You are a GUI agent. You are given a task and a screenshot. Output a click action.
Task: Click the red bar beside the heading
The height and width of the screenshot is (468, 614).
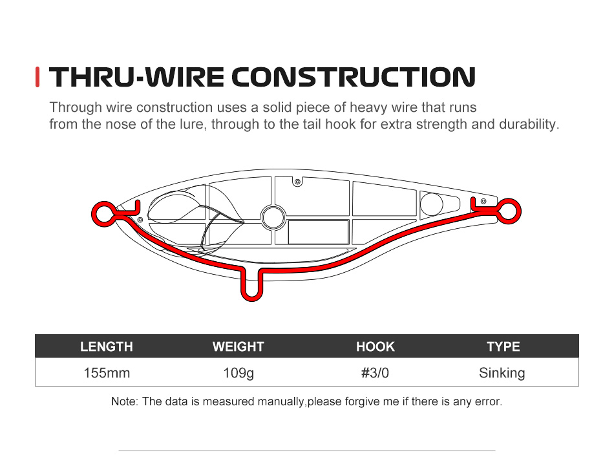pyautogui.click(x=38, y=78)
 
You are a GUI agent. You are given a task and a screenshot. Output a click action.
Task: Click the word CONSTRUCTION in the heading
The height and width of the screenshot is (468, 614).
pyautogui.click(x=354, y=78)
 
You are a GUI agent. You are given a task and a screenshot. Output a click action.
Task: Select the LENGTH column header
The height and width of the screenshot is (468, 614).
pyautogui.click(x=107, y=346)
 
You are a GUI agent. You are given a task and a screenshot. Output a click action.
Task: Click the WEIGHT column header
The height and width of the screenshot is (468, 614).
pyautogui.click(x=238, y=346)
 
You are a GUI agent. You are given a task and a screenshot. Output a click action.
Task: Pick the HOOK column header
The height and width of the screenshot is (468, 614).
pyautogui.click(x=375, y=346)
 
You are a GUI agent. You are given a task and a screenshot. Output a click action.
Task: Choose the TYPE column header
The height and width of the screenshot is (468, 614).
pyautogui.click(x=503, y=346)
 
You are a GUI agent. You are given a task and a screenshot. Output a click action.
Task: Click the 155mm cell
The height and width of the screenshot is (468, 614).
pyautogui.click(x=107, y=373)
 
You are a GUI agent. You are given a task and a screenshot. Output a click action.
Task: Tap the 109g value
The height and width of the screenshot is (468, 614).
pyautogui.click(x=238, y=373)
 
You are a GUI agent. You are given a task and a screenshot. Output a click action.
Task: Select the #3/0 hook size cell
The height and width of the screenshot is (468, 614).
pyautogui.click(x=375, y=373)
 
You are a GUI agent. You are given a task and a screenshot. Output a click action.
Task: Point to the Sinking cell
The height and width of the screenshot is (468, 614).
pyautogui.click(x=502, y=373)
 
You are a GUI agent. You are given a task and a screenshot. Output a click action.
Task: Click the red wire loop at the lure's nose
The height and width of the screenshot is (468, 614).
pyautogui.click(x=101, y=212)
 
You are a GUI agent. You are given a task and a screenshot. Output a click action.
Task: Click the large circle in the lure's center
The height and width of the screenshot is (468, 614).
pyautogui.click(x=273, y=216)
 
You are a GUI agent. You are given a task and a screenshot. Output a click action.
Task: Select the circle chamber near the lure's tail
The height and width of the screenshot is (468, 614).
pyautogui.click(x=430, y=204)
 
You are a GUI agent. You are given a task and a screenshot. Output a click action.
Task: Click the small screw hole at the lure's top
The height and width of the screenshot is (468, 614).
pyautogui.click(x=297, y=182)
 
